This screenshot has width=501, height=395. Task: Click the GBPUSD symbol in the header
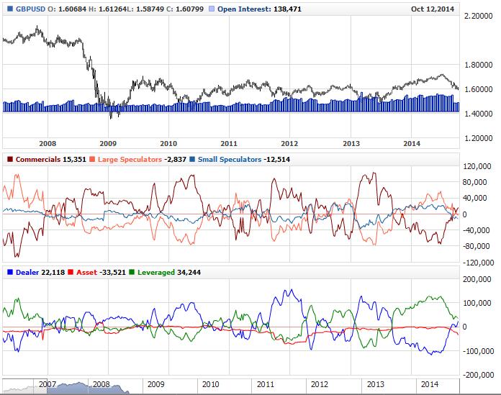tap(25, 9)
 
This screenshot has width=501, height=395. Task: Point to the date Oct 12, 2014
tap(433, 9)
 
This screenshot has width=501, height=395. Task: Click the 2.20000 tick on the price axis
tap(481, 16)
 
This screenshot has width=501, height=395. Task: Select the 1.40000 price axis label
tap(481, 114)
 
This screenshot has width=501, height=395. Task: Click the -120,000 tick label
tap(477, 262)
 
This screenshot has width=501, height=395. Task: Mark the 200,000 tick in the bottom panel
tap(479, 278)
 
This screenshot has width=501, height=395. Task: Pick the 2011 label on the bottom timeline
tap(265, 385)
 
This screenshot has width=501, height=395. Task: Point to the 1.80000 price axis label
tap(481, 65)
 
